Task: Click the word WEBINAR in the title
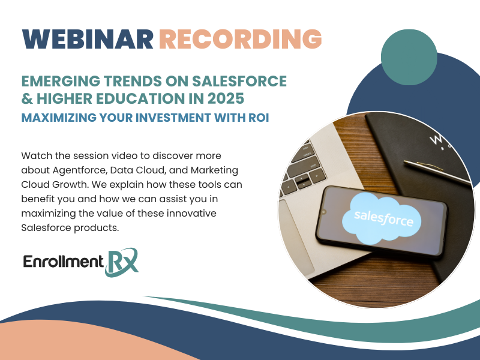click(x=88, y=39)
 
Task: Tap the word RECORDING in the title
click(x=241, y=39)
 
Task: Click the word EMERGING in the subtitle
click(x=61, y=81)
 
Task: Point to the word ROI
click(x=259, y=118)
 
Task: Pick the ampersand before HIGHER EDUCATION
click(x=27, y=98)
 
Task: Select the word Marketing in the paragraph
click(x=214, y=170)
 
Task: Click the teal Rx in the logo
click(x=121, y=262)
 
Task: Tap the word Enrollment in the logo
click(x=64, y=262)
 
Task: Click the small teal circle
click(x=409, y=57)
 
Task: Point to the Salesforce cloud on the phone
click(x=382, y=219)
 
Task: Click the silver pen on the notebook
click(x=438, y=172)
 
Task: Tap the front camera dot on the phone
click(x=324, y=212)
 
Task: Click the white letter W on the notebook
click(x=436, y=139)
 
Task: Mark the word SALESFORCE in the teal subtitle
click(x=239, y=81)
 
